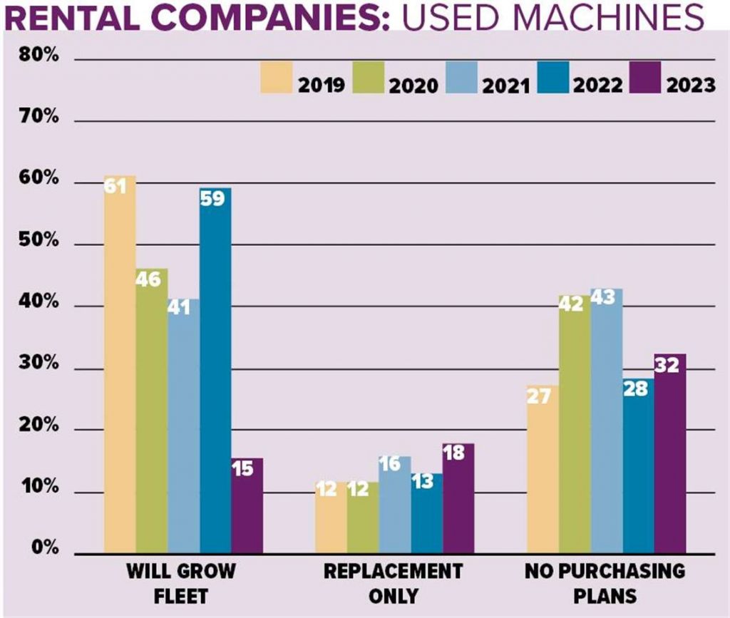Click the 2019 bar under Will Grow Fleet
[119, 364]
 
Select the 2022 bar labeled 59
[215, 371]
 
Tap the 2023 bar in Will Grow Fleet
[247, 505]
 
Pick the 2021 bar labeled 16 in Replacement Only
[394, 505]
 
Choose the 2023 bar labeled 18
[458, 498]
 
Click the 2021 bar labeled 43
[607, 421]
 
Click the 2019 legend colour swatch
[277, 77]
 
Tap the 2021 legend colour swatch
[461, 77]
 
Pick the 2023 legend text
[690, 86]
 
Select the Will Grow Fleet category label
[181, 583]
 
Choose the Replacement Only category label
[393, 583]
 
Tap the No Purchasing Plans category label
[605, 583]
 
